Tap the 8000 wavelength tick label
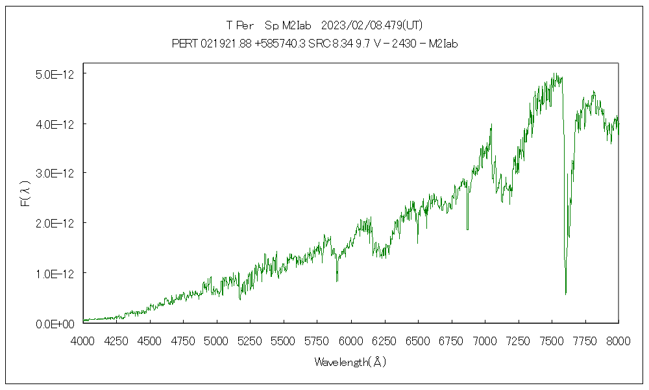(618, 340)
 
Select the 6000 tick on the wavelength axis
(350, 340)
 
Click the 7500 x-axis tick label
(552, 340)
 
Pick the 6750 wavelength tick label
(451, 340)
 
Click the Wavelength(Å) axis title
(350, 362)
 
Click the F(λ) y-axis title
(25, 193)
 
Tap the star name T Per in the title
(239, 25)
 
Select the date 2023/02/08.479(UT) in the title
(373, 25)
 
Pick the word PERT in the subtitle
(184, 44)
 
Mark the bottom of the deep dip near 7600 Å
(566, 294)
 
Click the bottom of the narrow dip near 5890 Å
(337, 281)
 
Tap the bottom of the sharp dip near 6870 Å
(467, 229)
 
